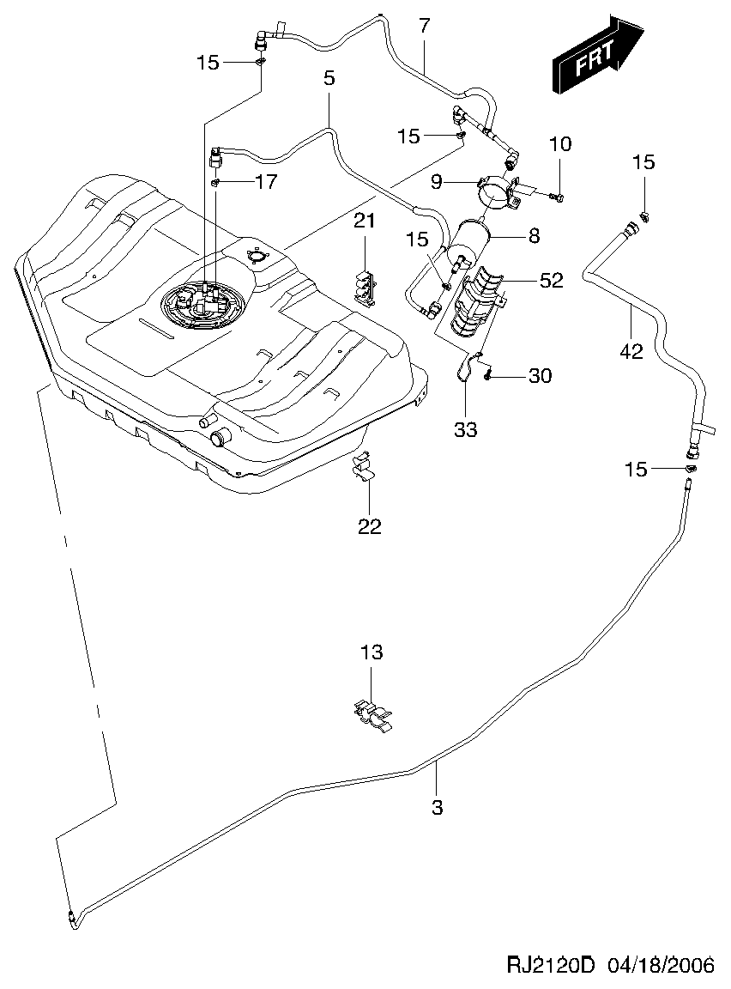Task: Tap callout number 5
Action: (329, 78)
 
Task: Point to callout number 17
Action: (266, 182)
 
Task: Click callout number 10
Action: (559, 143)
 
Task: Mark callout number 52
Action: (551, 281)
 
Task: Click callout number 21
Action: (365, 221)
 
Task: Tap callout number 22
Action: (369, 526)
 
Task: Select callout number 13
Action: (371, 652)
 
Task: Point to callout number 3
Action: (437, 807)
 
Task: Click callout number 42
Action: (631, 351)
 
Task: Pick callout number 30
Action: (541, 375)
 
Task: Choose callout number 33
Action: (465, 429)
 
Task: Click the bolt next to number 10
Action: (555, 198)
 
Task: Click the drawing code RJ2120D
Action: (550, 966)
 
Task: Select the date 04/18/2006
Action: (661, 966)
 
